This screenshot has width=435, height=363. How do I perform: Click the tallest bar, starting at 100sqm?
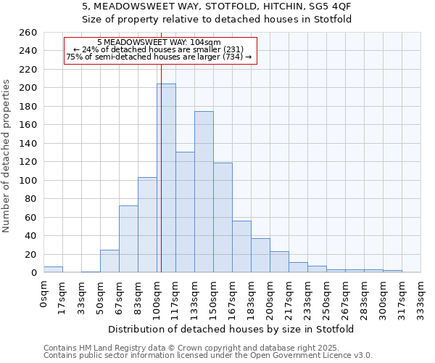point(166,179)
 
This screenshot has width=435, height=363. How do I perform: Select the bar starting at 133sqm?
point(204,192)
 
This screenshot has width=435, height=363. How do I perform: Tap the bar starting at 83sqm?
point(147,225)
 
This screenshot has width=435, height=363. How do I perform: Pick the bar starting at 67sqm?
point(128,239)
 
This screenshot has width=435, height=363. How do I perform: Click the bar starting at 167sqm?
point(241,247)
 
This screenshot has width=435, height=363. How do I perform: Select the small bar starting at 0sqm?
point(53,269)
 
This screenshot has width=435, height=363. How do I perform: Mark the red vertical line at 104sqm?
point(161,181)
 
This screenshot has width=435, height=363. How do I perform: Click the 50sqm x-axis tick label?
point(100,296)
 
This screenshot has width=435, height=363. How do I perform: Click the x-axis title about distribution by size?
point(236,330)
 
